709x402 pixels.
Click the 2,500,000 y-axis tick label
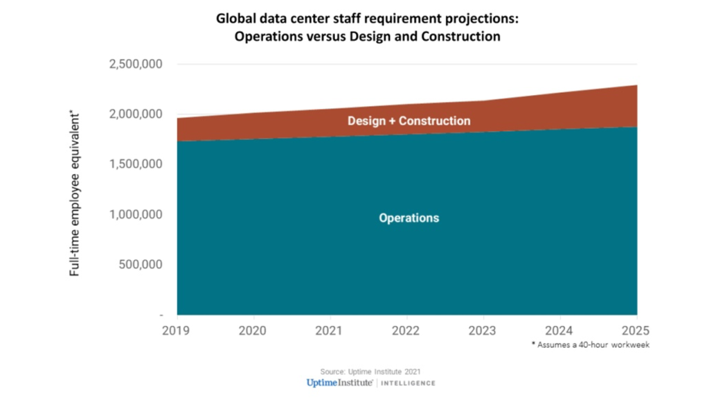tap(135, 64)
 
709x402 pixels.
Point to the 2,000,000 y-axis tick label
tap(135, 114)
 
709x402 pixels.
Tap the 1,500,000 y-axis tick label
tap(135, 164)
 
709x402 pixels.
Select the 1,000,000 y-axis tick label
tap(135, 215)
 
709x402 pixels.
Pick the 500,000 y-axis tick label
tap(139, 265)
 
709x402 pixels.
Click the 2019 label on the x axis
tap(177, 331)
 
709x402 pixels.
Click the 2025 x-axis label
tap(636, 331)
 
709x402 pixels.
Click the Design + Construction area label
tap(409, 121)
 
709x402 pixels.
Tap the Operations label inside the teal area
tap(409, 218)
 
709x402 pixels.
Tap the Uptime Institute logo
tap(341, 383)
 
